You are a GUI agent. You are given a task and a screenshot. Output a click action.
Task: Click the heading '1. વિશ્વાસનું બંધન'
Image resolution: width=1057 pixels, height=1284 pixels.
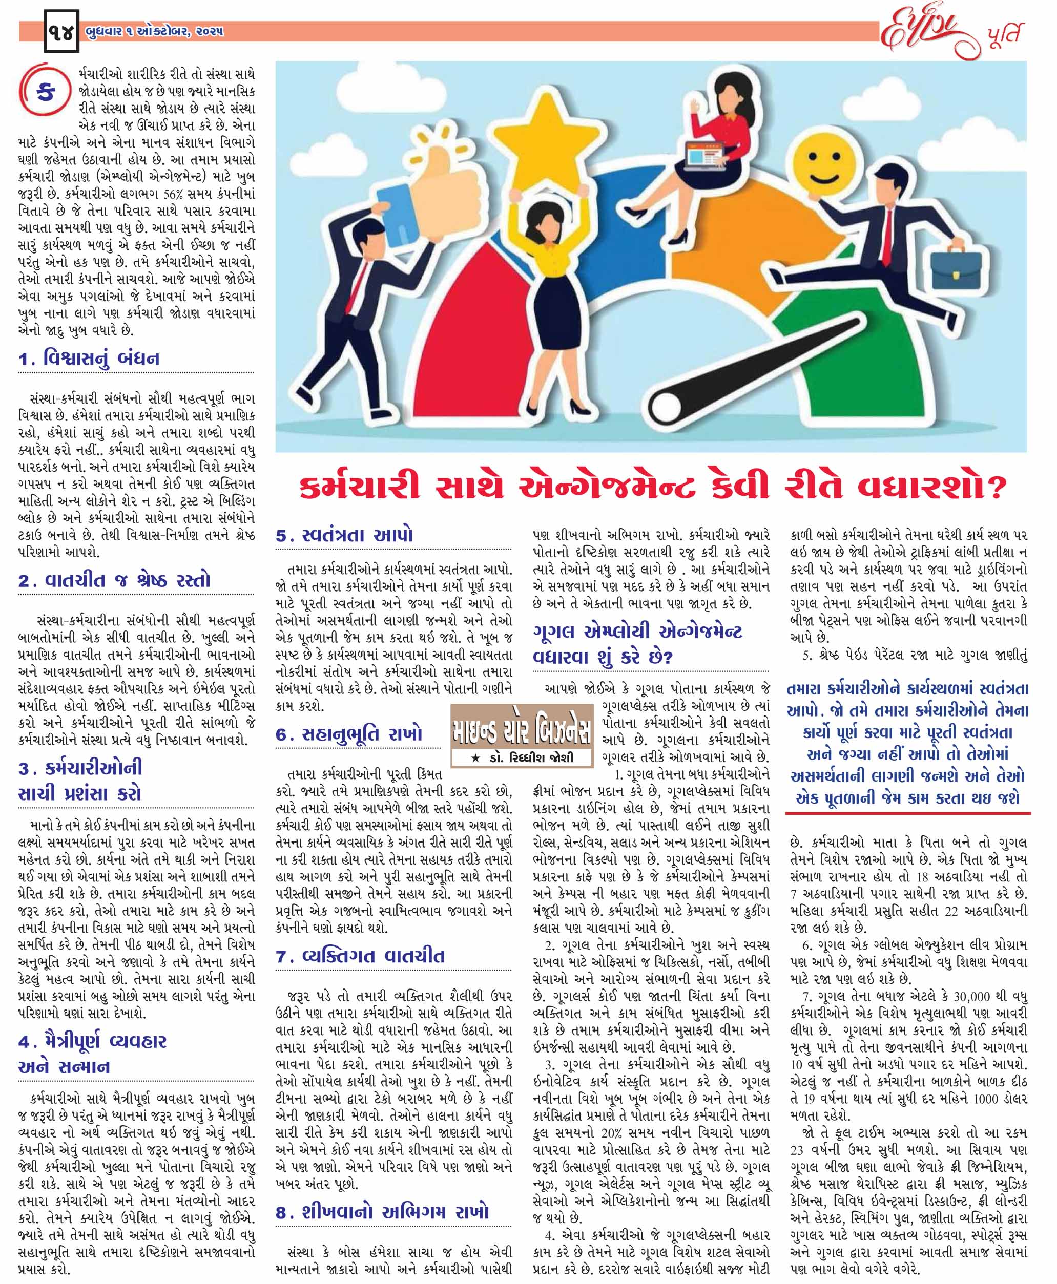(90, 359)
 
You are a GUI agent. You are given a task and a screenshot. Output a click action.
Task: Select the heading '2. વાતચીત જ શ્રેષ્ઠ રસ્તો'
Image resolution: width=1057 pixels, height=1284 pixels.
(114, 580)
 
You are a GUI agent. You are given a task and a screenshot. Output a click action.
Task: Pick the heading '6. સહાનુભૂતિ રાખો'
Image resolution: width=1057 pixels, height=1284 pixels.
(349, 734)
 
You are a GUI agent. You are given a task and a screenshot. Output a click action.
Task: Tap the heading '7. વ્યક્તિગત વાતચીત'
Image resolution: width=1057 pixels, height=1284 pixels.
(360, 956)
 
